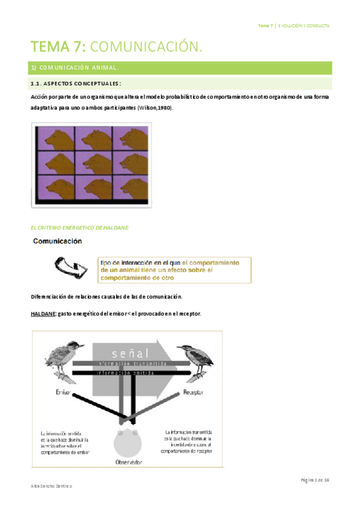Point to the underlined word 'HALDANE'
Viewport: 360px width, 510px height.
(42, 314)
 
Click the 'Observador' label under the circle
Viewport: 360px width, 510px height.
(129, 462)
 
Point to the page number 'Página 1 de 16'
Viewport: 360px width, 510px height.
(314, 480)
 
